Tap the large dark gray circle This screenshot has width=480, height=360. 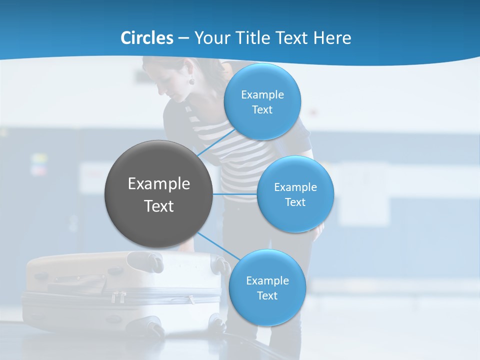(x=158, y=194)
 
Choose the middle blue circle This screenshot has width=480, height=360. (x=295, y=194)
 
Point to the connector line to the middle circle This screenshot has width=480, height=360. (x=234, y=194)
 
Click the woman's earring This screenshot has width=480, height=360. (x=191, y=80)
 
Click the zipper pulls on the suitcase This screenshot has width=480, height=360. (x=119, y=297)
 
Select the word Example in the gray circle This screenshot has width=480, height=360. (x=158, y=184)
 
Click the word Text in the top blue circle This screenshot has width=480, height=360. (x=262, y=110)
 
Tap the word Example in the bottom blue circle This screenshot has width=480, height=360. (x=267, y=281)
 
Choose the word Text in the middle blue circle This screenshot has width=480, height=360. (x=295, y=202)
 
